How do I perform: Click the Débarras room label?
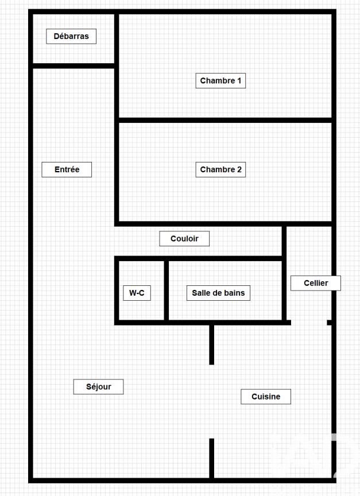(x=71, y=36)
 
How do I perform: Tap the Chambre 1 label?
(x=220, y=81)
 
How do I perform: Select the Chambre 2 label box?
(x=220, y=169)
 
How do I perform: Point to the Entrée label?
(x=67, y=169)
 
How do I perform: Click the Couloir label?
(x=184, y=238)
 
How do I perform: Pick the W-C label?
(x=137, y=293)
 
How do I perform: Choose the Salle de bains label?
(x=218, y=293)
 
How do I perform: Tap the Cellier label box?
(x=316, y=283)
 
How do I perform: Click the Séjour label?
(x=98, y=386)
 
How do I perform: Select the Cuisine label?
(x=266, y=397)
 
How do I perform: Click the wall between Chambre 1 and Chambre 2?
(x=225, y=120)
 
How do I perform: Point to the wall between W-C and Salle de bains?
(x=167, y=290)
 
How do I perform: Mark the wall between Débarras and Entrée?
(x=73, y=66)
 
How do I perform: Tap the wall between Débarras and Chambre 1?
(x=117, y=38)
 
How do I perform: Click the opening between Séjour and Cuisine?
(x=212, y=401)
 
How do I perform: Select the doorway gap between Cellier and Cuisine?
(x=309, y=323)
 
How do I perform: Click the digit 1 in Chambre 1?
(x=239, y=81)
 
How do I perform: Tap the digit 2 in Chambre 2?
(x=239, y=169)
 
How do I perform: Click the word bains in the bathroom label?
(x=234, y=293)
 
